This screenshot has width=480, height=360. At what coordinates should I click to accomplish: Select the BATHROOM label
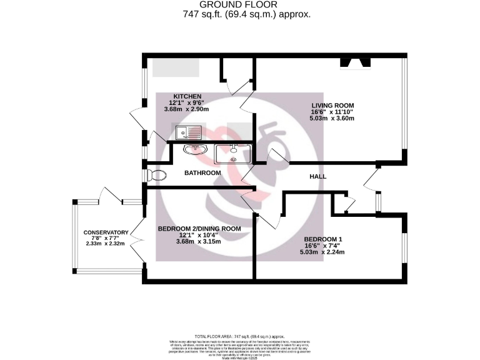coord(202,172)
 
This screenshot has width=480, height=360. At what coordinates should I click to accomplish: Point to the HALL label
coord(318,177)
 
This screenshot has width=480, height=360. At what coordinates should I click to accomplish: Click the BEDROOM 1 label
coord(323,239)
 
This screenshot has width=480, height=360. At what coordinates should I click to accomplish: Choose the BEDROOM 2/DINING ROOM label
coord(199,229)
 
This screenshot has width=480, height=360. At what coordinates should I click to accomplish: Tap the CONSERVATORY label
coord(106,232)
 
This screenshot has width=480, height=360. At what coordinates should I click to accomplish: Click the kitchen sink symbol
coord(188,132)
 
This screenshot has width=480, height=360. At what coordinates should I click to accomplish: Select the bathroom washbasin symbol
coord(195,149)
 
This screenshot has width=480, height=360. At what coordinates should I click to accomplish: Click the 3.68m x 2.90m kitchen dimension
coord(186,109)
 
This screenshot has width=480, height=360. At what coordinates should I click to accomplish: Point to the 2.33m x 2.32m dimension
coord(106,244)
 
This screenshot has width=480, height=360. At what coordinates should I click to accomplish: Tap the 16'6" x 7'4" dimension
coord(323,246)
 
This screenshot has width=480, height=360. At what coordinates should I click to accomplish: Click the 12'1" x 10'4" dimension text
coord(199,235)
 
